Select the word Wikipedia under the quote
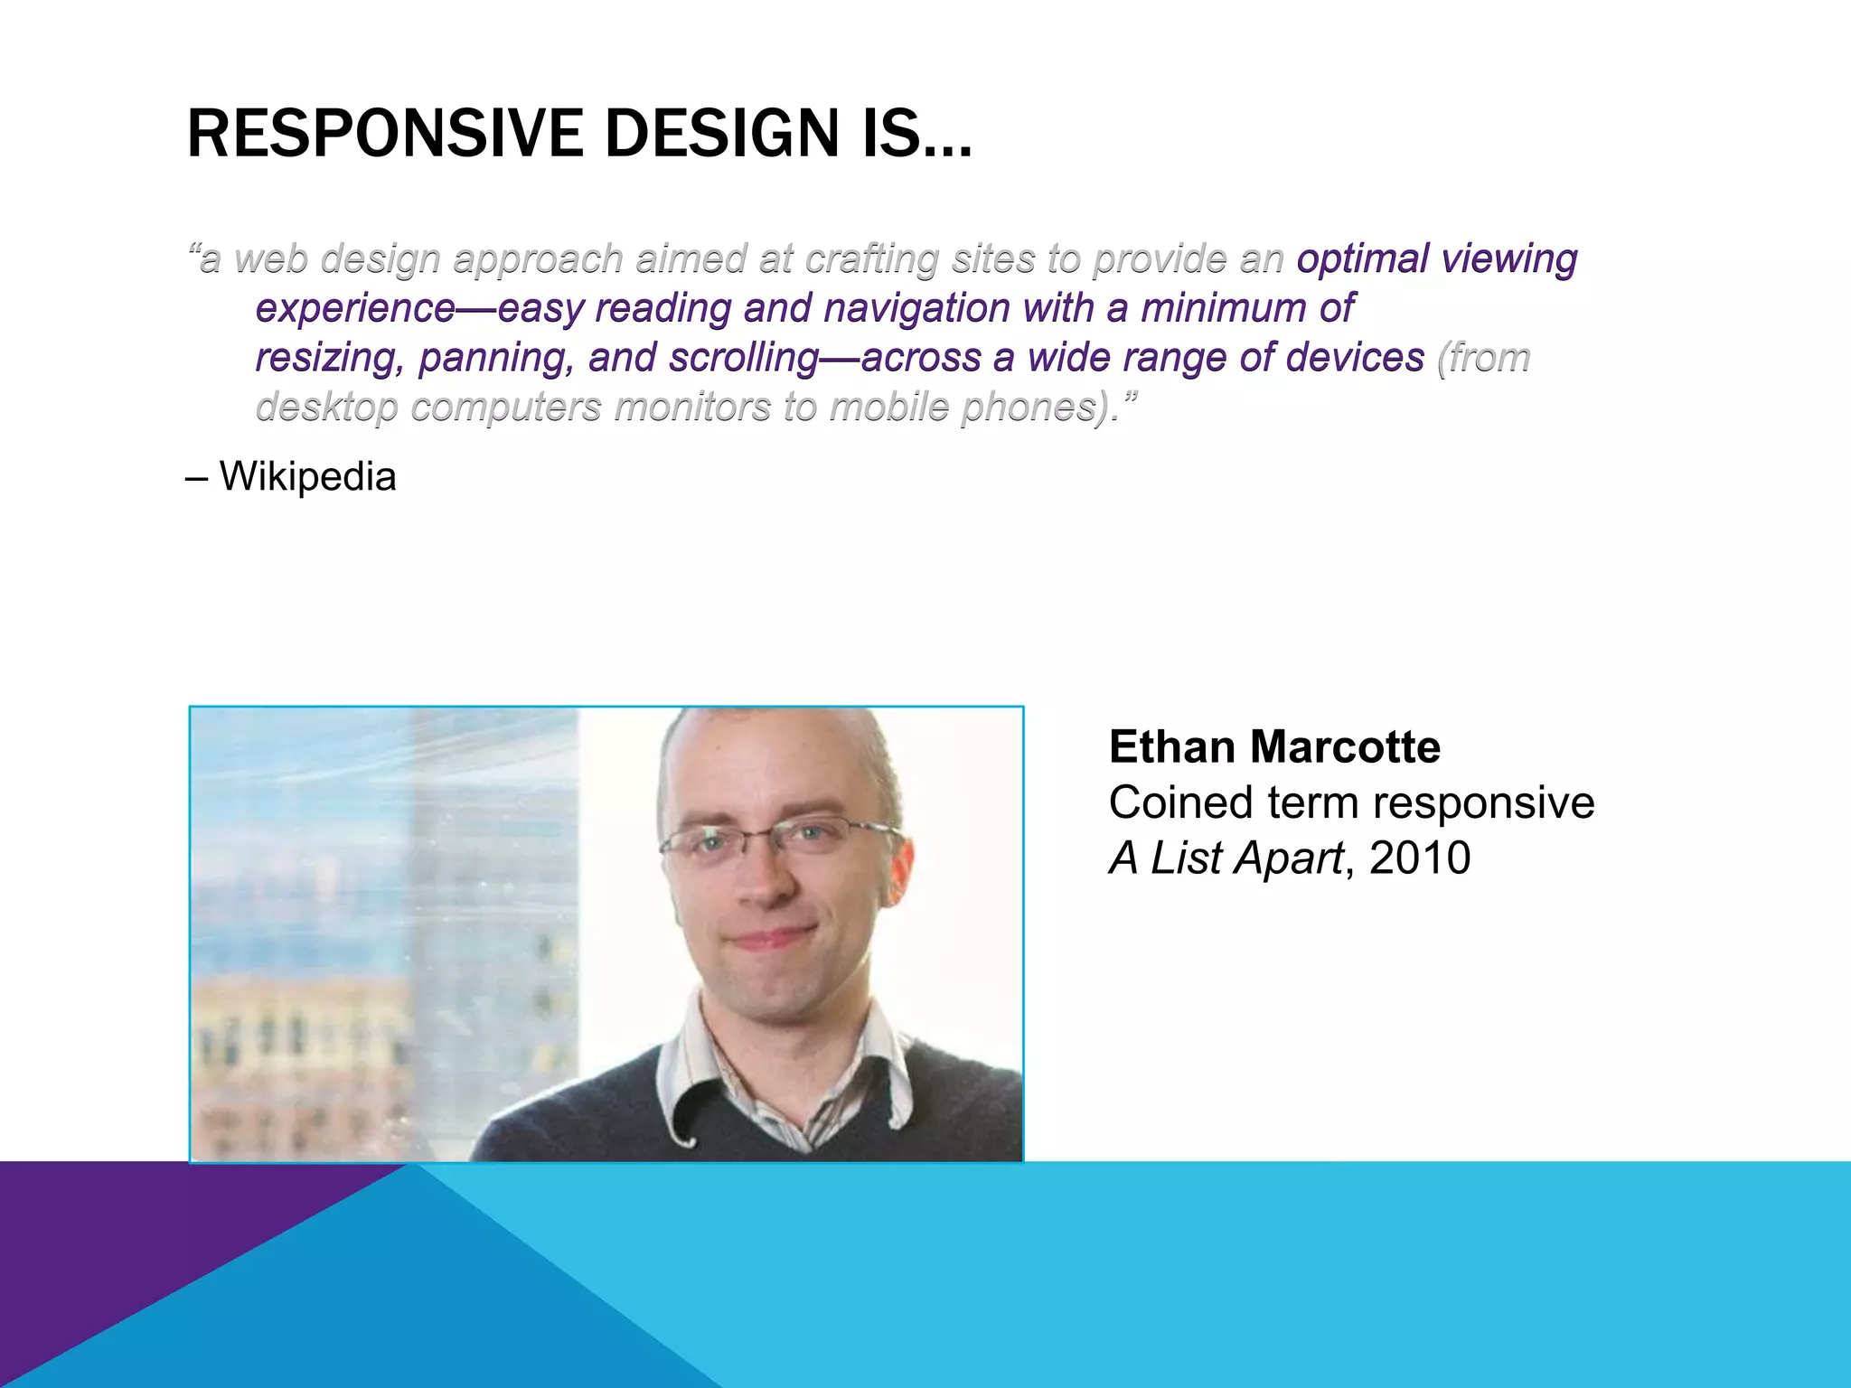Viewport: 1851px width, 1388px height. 307,476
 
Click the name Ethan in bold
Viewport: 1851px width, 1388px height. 1171,747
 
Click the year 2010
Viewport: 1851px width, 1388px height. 1420,858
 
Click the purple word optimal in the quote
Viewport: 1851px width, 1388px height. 1364,258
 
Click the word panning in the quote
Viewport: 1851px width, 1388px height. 495,358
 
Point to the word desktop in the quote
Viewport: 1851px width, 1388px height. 326,408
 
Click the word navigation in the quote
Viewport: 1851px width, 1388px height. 916,308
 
